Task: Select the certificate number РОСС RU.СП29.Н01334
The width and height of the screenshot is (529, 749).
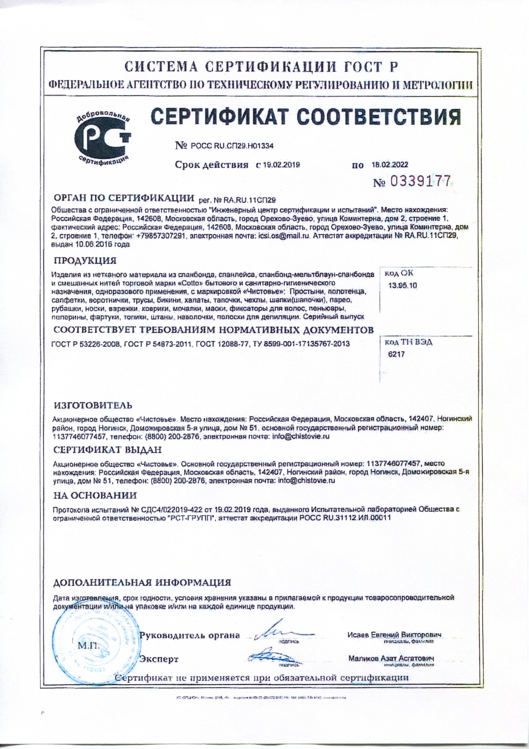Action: click(231, 146)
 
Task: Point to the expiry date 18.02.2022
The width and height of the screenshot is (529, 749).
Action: click(390, 165)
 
